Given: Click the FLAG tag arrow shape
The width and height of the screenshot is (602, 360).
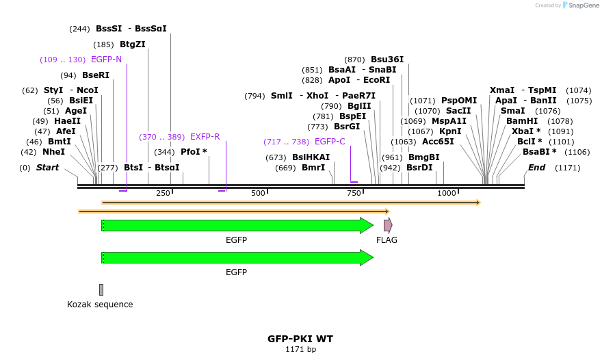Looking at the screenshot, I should click(388, 225).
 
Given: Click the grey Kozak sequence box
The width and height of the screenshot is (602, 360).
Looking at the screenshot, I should click(101, 290).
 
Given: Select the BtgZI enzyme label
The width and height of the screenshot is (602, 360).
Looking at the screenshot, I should click(133, 44).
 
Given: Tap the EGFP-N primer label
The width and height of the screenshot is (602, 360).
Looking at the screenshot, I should click(106, 60).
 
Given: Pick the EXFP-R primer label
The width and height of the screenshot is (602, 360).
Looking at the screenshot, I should click(205, 137).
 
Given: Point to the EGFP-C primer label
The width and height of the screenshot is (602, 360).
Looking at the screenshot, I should click(330, 142).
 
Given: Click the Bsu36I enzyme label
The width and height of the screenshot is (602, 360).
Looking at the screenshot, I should click(387, 60).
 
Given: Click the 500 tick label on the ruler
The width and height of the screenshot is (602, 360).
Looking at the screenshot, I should click(258, 194).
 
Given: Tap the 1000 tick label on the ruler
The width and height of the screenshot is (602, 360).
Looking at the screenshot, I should click(446, 194).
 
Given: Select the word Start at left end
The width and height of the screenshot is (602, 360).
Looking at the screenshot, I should click(47, 168).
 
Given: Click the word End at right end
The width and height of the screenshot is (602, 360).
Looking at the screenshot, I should click(537, 168).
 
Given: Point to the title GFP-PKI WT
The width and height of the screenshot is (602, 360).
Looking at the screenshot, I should click(300, 339).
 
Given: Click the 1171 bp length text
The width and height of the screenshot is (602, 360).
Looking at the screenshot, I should click(300, 350).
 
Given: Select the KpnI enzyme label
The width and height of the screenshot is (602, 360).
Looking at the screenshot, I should click(450, 131).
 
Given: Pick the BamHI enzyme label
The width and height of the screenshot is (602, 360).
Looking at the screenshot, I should click(521, 121).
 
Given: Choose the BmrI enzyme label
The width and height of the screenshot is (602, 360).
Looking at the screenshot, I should click(313, 168).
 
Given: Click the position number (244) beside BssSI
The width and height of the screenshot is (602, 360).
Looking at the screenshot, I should click(79, 29).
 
